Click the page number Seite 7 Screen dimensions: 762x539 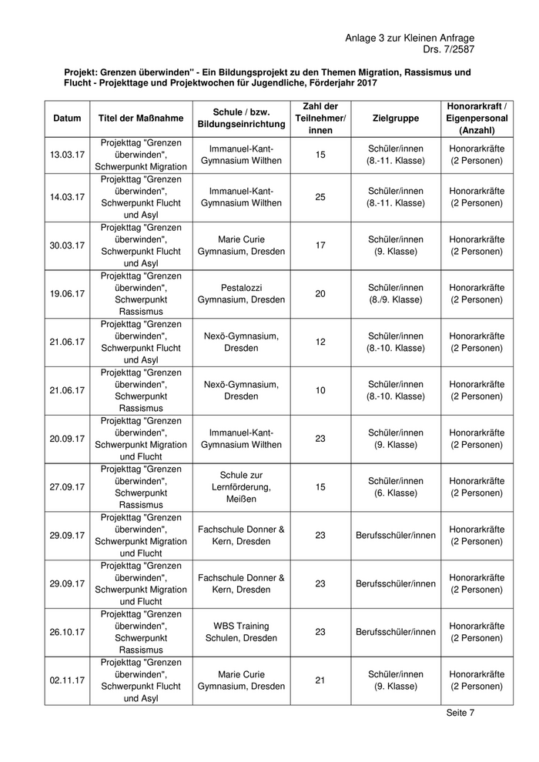pos(460,713)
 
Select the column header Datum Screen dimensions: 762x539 pos(67,119)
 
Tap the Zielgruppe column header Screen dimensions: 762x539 pos(395,119)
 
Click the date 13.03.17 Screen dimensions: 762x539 pos(67,155)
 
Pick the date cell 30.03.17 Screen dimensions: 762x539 pos(67,246)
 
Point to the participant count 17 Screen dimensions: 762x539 pos(320,246)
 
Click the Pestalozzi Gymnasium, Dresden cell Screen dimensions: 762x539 pos(241,293)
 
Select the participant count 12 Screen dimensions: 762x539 pos(320,342)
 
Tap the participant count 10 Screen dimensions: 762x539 pos(320,390)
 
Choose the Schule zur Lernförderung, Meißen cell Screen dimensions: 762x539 pos(241,486)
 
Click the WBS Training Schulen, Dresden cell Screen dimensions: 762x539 pos(241,632)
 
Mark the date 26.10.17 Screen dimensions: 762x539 pos(67,632)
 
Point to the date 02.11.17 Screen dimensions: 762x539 pos(67,680)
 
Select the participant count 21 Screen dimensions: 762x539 pos(320,680)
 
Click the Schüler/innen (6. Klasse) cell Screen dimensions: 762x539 pos(395,486)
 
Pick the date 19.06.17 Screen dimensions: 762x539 pos(67,293)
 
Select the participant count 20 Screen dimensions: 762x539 pos(320,293)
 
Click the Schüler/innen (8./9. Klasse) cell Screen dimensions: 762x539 pos(395,293)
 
